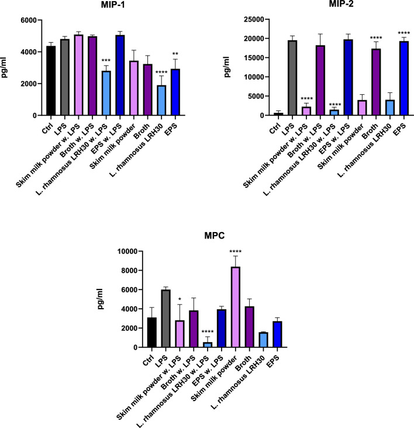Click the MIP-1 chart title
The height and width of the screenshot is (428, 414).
tap(113, 5)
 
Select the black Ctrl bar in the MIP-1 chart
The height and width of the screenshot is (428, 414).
tap(51, 81)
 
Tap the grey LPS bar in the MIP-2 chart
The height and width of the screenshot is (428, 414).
tap(292, 78)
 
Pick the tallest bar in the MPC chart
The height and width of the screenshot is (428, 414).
tap(235, 307)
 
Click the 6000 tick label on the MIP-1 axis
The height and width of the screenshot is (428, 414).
tap(29, 20)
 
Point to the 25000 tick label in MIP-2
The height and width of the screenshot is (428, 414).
tap(254, 19)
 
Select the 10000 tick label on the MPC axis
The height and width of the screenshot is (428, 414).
tap(127, 251)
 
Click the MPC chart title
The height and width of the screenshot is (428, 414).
tap(215, 236)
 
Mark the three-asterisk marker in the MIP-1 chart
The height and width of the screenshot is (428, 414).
tap(106, 61)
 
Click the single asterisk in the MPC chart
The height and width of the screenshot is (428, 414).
tap(180, 299)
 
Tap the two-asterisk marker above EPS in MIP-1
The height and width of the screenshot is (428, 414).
tap(175, 54)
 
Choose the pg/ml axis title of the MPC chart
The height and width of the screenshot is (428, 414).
tap(101, 299)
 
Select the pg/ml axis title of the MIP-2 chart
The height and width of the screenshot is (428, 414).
tap(227, 67)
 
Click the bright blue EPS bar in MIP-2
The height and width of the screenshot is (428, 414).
tap(404, 78)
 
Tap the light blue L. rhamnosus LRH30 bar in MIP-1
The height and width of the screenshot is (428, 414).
tap(161, 101)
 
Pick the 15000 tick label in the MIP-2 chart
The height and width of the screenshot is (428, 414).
tap(254, 58)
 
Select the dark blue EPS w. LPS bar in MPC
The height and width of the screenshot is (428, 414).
tap(222, 329)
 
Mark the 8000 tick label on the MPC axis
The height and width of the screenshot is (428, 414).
tap(129, 271)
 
